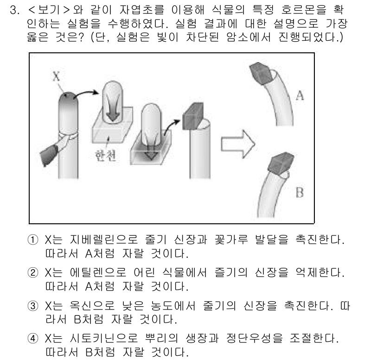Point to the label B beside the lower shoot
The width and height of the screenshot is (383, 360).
pyautogui.click(x=299, y=192)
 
